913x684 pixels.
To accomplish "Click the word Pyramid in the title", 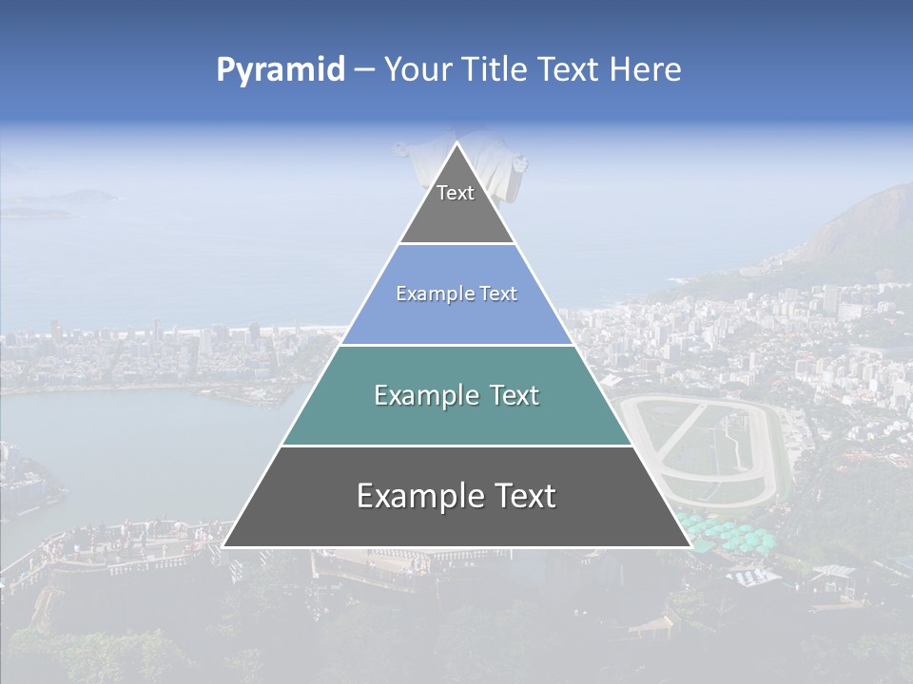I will (x=281, y=70).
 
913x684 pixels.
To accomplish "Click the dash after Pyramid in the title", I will (x=364, y=70).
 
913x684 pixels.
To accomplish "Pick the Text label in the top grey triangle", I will (x=456, y=193).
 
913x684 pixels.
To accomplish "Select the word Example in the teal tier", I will (x=424, y=395).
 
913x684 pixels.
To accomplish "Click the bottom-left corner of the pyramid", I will (x=223, y=546).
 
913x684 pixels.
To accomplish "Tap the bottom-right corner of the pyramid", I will (x=690, y=546).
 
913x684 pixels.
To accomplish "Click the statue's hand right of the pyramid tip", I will (x=520, y=164).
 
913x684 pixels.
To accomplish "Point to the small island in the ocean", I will (x=81, y=197).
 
